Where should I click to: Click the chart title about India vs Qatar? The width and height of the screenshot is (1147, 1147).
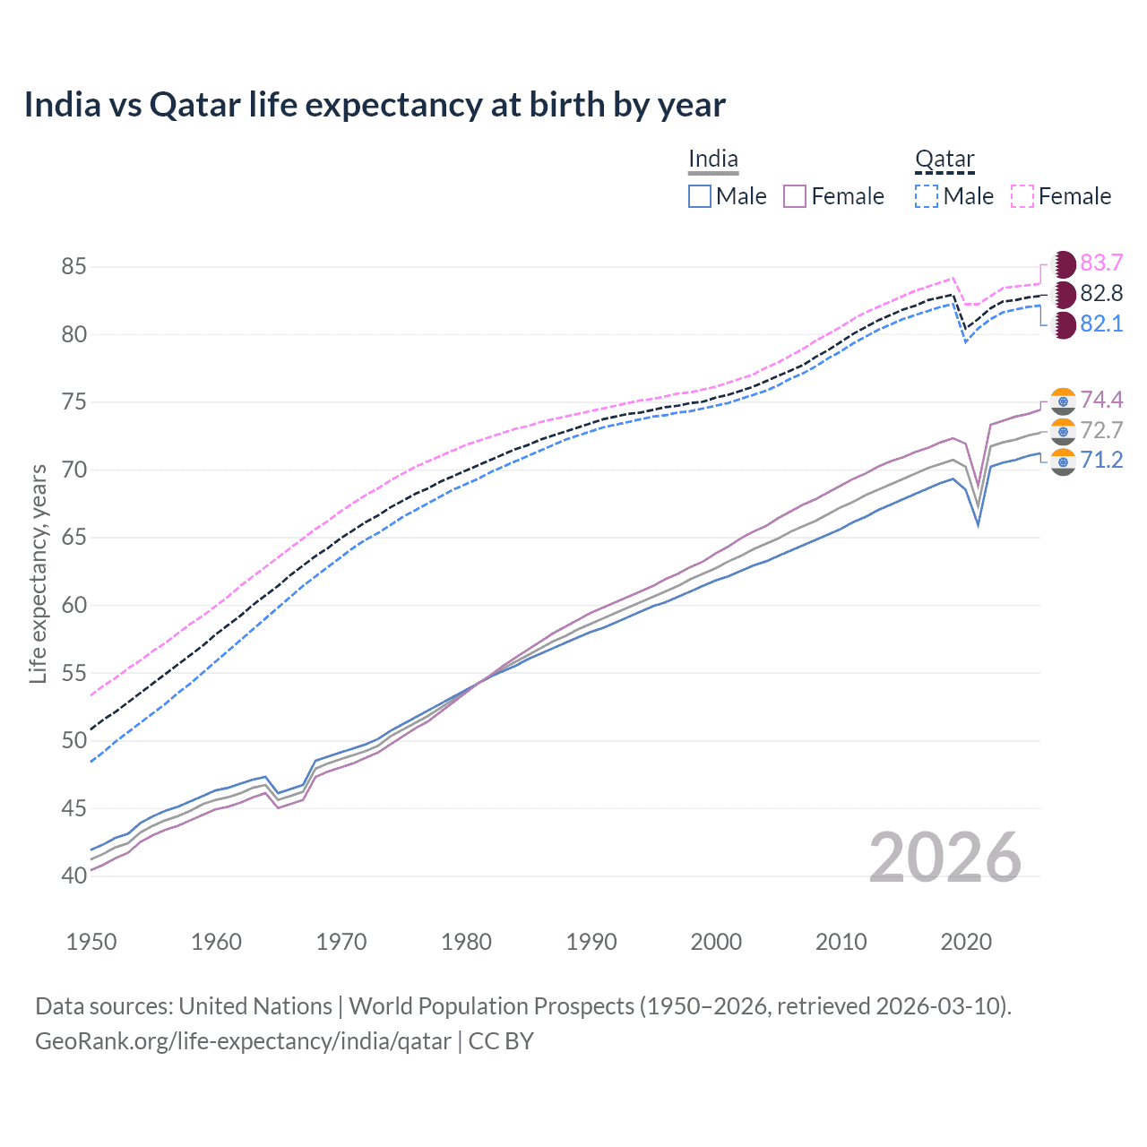(375, 105)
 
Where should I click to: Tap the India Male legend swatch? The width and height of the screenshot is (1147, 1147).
(700, 196)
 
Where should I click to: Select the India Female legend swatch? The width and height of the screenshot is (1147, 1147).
(795, 196)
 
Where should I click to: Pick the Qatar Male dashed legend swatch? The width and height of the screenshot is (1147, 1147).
(927, 196)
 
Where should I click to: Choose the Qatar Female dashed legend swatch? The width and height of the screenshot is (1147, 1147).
(1022, 196)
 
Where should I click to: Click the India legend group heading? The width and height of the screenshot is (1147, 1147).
(713, 160)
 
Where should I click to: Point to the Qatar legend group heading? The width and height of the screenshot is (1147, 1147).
(944, 160)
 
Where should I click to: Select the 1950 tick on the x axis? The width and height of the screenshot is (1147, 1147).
(91, 942)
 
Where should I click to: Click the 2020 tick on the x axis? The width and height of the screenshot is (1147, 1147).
(966, 942)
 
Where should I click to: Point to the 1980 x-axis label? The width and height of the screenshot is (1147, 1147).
(466, 942)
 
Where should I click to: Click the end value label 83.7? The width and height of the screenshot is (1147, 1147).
(1101, 263)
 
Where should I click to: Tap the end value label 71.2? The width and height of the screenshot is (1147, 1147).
(1101, 461)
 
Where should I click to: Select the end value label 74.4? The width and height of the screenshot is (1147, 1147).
(1101, 400)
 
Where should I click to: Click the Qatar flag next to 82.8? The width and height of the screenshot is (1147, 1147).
(1063, 294)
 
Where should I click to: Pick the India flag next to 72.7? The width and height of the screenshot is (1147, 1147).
(1063, 432)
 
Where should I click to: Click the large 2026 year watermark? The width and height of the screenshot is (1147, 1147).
(944, 858)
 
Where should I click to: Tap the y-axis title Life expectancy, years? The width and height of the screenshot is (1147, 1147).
(38, 573)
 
